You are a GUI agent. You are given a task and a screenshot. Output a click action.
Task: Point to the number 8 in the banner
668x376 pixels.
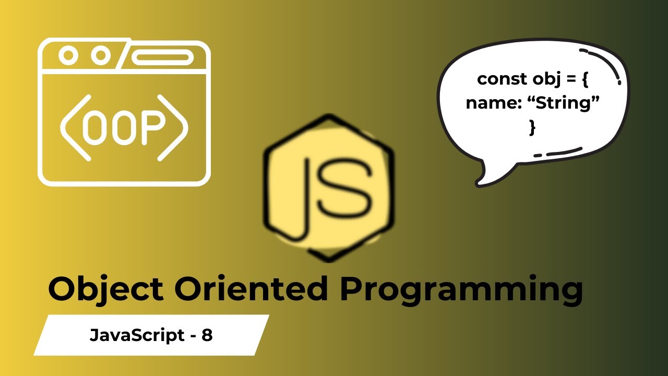(x=207, y=335)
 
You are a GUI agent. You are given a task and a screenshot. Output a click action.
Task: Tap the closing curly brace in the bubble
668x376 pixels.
(x=532, y=127)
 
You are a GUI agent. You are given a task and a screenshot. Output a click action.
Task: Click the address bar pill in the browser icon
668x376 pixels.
(x=160, y=56)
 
